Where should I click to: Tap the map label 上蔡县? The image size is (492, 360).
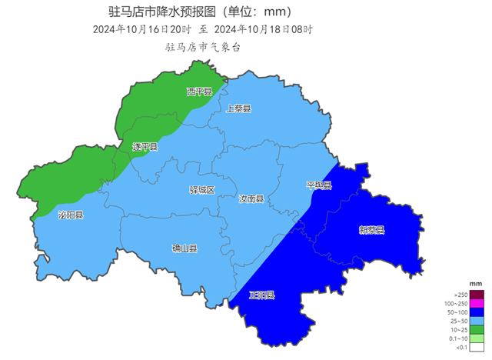[238, 108]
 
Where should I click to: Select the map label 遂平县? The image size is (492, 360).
[145, 147]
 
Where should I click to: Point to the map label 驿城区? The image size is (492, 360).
[202, 189]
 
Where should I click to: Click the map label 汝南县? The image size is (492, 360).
[251, 198]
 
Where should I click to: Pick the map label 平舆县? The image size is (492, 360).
[318, 185]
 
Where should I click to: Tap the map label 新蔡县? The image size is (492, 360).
[371, 229]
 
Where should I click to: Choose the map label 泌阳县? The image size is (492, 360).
[71, 215]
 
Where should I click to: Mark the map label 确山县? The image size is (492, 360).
[184, 248]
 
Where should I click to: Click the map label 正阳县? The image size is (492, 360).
[262, 295]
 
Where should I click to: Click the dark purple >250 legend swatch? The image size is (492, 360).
[477, 295]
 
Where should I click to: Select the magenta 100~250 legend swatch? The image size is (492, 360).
[477, 303]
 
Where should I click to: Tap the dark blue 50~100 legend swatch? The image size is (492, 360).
[477, 312]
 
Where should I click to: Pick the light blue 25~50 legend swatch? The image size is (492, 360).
[477, 321]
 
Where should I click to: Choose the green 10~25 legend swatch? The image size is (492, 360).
[477, 329]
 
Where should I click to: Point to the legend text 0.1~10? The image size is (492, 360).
[458, 338]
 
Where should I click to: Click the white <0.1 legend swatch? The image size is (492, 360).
[477, 347]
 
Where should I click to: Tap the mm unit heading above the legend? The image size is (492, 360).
[476, 285]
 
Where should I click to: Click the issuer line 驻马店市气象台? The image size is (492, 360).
[203, 47]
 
